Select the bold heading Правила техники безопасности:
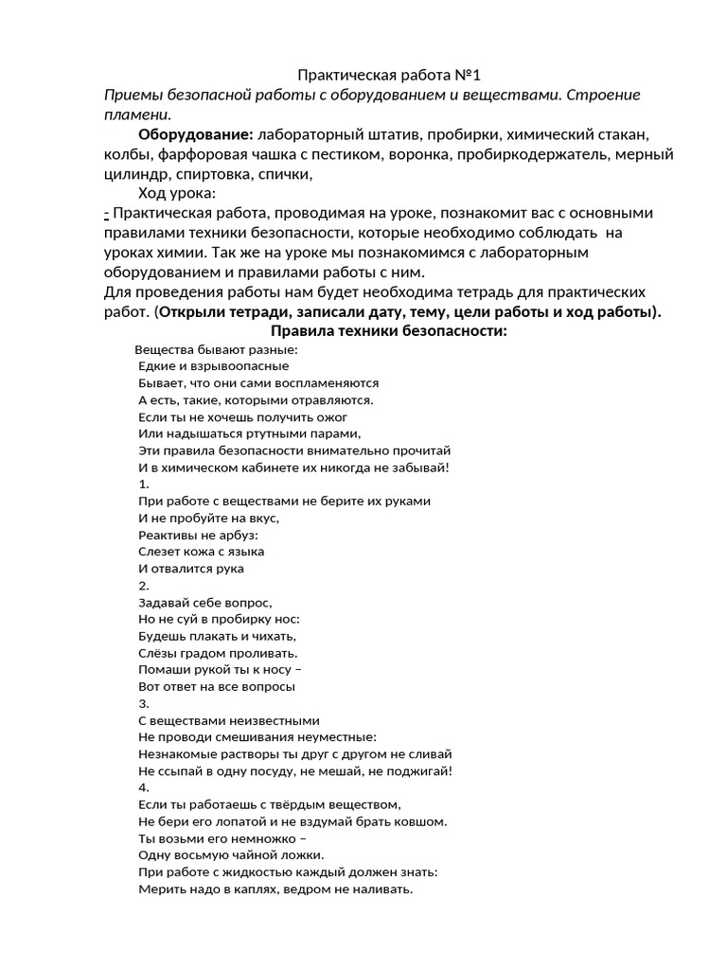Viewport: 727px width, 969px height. tap(389, 331)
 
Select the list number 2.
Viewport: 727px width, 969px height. tap(143, 586)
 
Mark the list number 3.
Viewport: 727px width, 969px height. tap(143, 703)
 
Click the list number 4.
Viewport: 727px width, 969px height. tap(143, 787)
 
